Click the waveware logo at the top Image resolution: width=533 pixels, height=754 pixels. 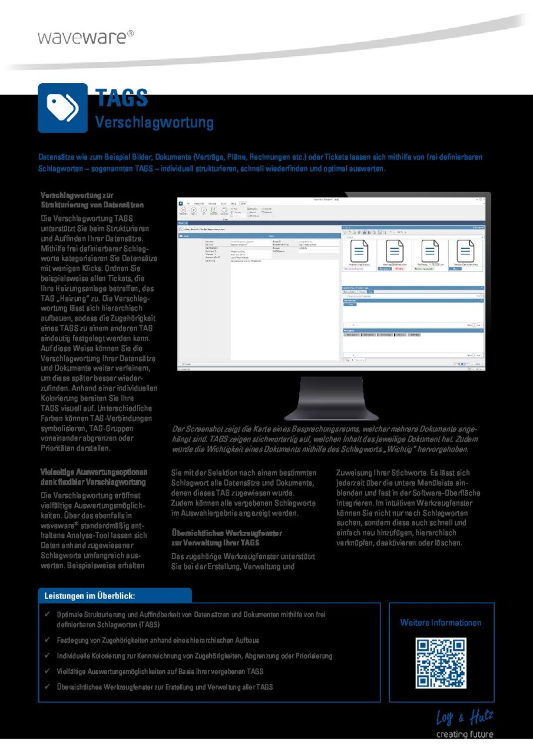point(85,37)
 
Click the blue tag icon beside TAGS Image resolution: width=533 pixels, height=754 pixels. point(62,107)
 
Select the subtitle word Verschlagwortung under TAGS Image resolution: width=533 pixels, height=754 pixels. point(154,123)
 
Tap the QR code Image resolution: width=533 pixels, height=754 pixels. point(441,663)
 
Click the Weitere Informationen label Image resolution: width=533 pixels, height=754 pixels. point(441,623)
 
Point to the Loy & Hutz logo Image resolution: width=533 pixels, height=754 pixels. point(464,717)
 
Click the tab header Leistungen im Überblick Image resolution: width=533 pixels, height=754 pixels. point(90,596)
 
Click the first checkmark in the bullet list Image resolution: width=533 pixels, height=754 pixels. point(47,614)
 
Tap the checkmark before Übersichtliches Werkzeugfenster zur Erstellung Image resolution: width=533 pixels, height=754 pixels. point(47,687)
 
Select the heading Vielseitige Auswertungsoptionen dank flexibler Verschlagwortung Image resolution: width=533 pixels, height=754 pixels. point(94,477)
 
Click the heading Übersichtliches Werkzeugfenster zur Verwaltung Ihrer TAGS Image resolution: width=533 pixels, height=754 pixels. point(226,537)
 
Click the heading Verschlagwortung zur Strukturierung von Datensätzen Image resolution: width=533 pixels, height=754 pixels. point(92,200)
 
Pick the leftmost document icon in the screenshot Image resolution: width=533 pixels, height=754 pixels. point(359,252)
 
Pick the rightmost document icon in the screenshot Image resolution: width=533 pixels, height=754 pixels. point(465,252)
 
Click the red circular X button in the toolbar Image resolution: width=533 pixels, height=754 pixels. point(183,210)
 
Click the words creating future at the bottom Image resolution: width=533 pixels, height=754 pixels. point(464,734)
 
